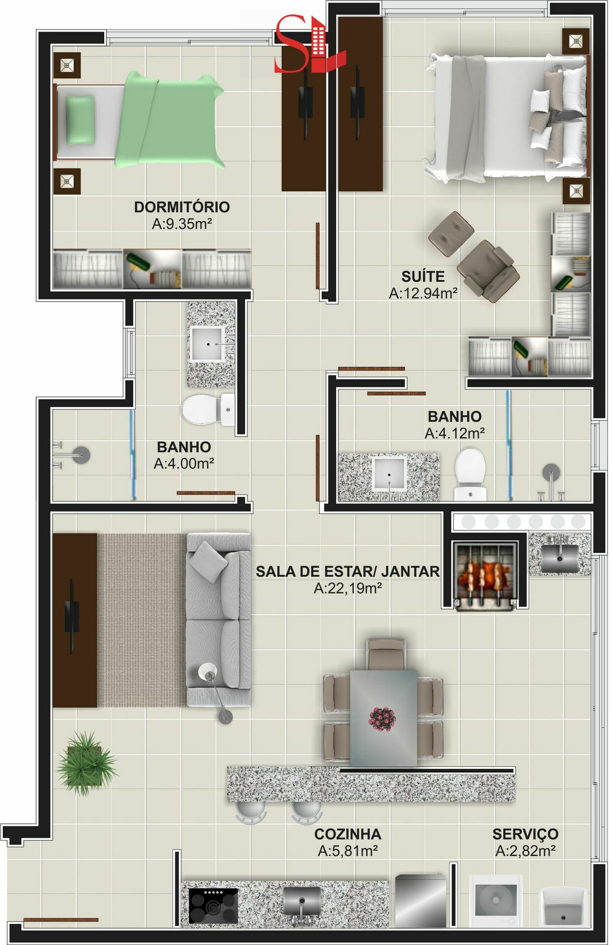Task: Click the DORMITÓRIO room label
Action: [x=182, y=207]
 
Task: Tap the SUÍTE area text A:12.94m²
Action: [x=424, y=293]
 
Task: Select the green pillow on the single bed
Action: [x=80, y=120]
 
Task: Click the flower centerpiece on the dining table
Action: [x=382, y=719]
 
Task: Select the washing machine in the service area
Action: [x=495, y=901]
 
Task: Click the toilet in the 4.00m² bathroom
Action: [x=208, y=410]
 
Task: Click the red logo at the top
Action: [x=307, y=44]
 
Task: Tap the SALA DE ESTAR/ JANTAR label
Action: [x=348, y=571]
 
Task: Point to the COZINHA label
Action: [x=348, y=834]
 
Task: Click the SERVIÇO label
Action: [x=525, y=834]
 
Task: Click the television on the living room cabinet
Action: [x=72, y=617]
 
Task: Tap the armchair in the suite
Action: [x=487, y=271]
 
